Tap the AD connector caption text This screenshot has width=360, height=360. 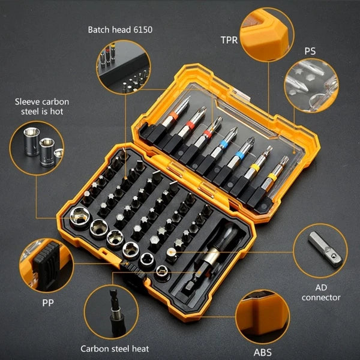coord(321,292)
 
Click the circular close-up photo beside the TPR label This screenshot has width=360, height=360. coord(267,35)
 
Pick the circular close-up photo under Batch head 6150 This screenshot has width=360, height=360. coord(122,67)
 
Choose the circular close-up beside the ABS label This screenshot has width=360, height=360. coord(262,317)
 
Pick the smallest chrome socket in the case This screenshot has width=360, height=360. coord(161,271)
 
